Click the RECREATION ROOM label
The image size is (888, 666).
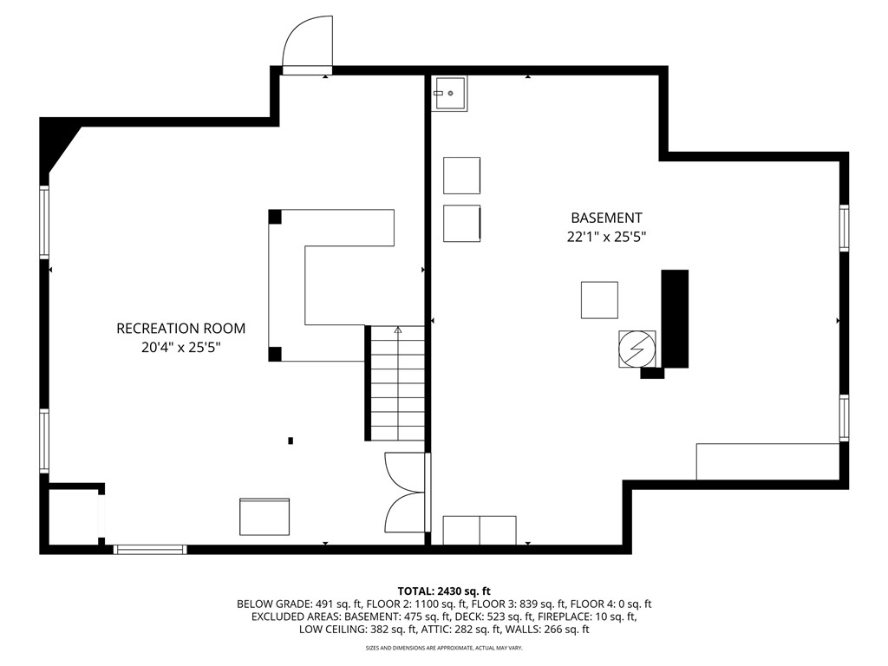pyautogui.click(x=180, y=329)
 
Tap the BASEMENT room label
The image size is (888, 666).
pyautogui.click(x=606, y=219)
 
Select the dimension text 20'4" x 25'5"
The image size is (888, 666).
pyautogui.click(x=180, y=348)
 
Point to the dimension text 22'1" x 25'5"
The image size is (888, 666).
pyautogui.click(x=606, y=237)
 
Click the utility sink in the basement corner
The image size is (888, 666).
pyautogui.click(x=449, y=93)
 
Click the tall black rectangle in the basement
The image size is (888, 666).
pyautogui.click(x=675, y=318)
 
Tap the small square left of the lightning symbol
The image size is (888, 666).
pyautogui.click(x=599, y=300)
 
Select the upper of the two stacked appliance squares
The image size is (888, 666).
pyautogui.click(x=461, y=175)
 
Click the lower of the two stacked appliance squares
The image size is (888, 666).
pyautogui.click(x=461, y=224)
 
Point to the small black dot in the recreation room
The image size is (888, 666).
pyautogui.click(x=291, y=441)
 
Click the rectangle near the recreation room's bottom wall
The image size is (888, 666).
pyautogui.click(x=264, y=517)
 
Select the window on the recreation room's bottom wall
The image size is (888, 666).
pyautogui.click(x=150, y=549)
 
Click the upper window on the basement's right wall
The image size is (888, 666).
pyautogui.click(x=844, y=228)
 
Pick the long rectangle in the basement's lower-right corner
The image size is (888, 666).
pyautogui.click(x=767, y=461)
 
